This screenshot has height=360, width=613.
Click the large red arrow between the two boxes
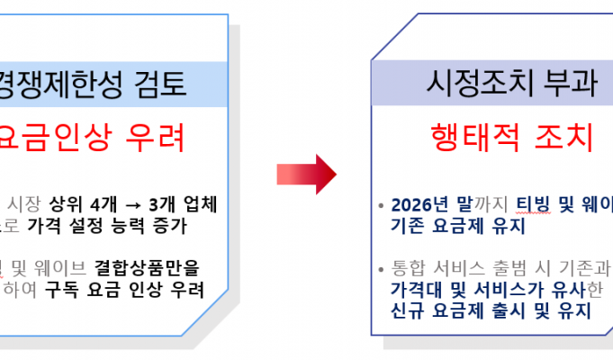(x=306, y=172)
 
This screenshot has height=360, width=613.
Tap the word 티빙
(x=532, y=204)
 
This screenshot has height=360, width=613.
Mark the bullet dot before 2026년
(x=381, y=205)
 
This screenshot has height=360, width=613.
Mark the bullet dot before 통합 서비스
(x=381, y=268)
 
